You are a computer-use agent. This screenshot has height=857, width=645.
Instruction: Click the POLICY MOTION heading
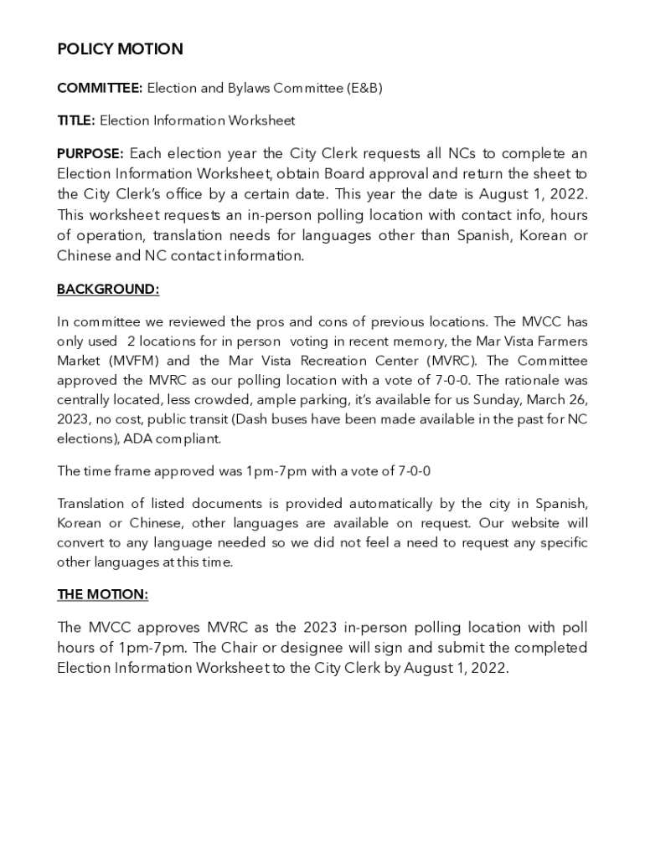coord(120,49)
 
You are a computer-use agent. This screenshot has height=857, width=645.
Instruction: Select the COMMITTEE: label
coord(100,89)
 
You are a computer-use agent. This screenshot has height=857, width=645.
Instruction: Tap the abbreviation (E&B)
coord(366,89)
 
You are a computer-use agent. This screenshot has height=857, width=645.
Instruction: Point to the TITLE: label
coord(76,121)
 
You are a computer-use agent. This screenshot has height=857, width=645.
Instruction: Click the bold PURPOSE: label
coord(90,154)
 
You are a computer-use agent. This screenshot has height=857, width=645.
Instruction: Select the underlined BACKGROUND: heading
coord(108,290)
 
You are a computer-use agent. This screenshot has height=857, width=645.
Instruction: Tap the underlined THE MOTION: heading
coord(102,594)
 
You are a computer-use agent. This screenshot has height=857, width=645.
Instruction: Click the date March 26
coord(554,400)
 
